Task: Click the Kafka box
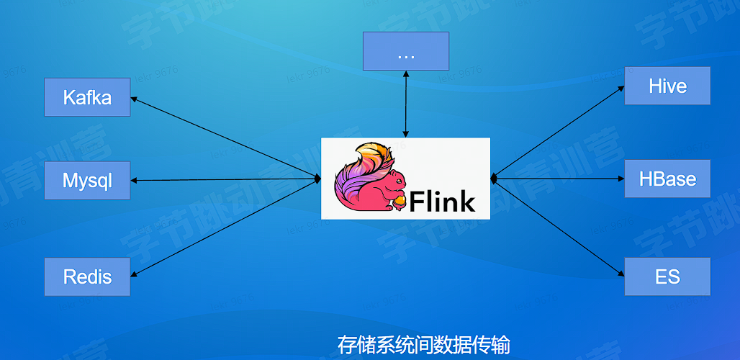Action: [87, 97]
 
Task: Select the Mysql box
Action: [87, 180]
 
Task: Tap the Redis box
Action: [87, 276]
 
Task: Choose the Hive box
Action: [667, 86]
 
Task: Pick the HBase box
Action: [667, 179]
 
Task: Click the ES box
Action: [667, 276]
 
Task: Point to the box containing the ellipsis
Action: [405, 51]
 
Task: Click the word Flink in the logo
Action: [443, 201]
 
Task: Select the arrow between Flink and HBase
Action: [558, 178]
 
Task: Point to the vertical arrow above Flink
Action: [406, 104]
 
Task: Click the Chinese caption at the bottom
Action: [423, 344]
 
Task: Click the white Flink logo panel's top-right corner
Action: [488, 140]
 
